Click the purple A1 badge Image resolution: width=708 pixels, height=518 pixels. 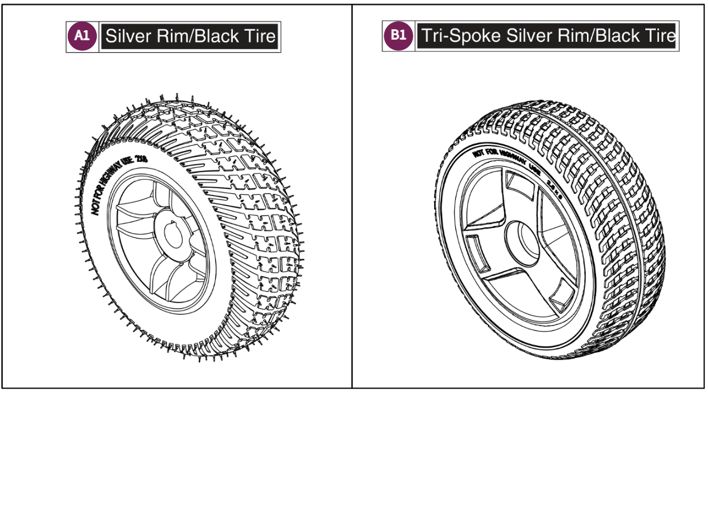[82, 36]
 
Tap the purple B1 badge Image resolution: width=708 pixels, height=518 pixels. [398, 35]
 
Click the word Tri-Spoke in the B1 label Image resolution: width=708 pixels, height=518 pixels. [460, 36]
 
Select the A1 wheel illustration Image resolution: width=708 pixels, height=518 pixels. [188, 230]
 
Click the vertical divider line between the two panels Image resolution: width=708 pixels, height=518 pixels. [352, 196]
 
